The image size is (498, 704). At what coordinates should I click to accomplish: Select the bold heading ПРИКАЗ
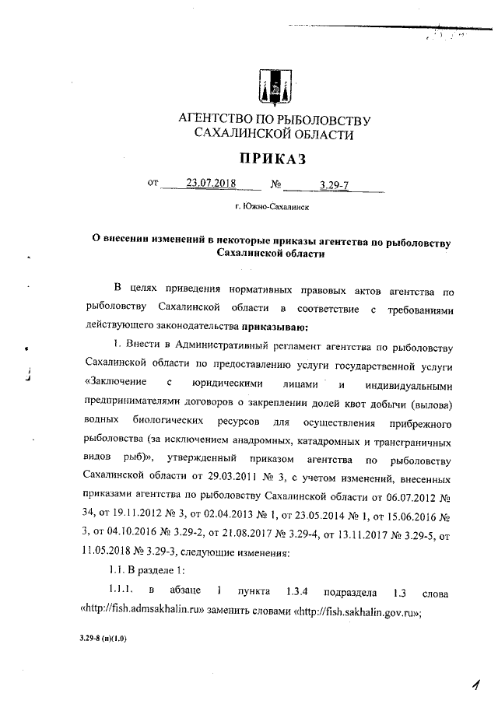click(x=274, y=159)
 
